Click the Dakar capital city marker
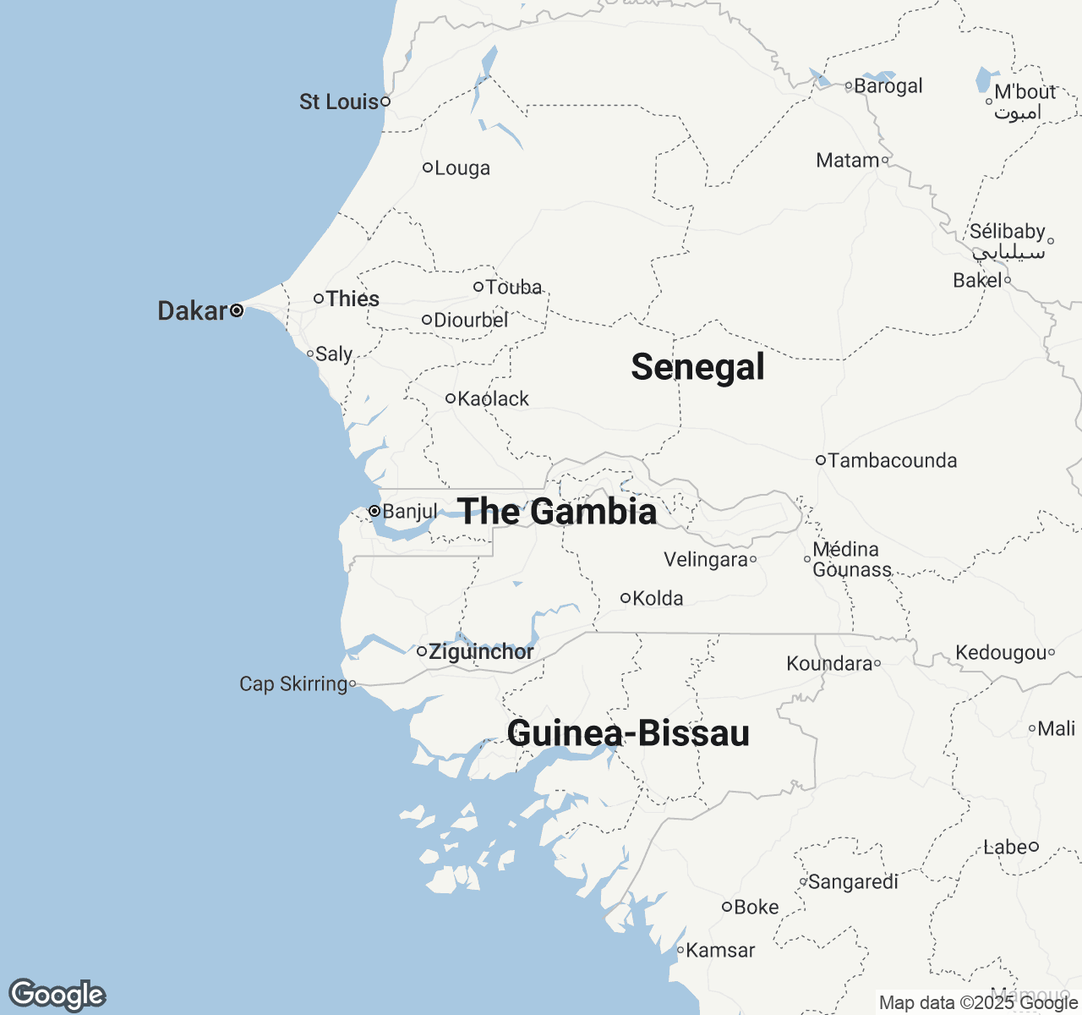[237, 310]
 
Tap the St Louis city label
[338, 101]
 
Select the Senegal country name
[697, 367]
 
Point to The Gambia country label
[556, 512]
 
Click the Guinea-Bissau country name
[628, 733]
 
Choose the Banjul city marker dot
[374, 511]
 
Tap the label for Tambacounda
[893, 461]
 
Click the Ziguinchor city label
[481, 652]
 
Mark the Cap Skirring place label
[293, 683]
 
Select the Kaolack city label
[493, 398]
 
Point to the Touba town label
[513, 288]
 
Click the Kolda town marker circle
[626, 598]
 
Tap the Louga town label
[462, 168]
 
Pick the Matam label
[847, 161]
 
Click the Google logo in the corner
[57, 995]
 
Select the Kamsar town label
[720, 951]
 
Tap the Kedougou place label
[1001, 653]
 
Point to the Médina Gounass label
[851, 560]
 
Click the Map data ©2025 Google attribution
[977, 1003]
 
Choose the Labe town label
[1005, 847]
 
